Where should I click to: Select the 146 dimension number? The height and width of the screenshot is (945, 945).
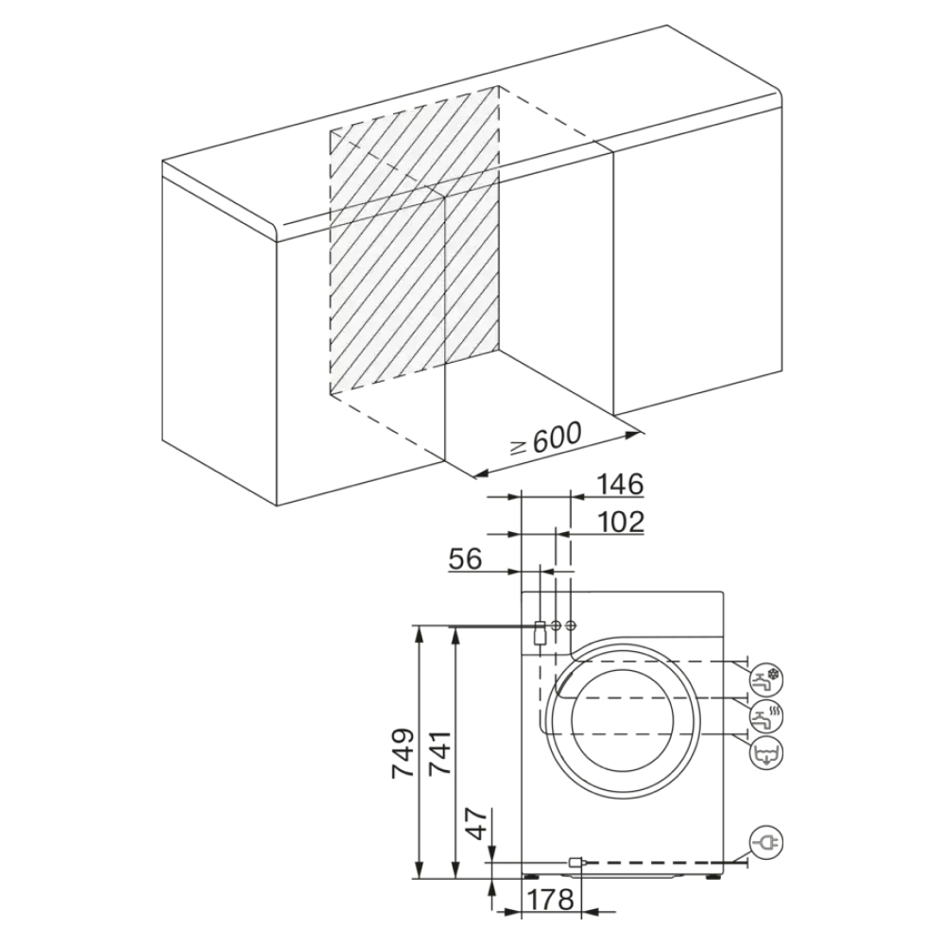coord(619,485)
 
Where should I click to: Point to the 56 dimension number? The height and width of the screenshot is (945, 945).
coord(465,558)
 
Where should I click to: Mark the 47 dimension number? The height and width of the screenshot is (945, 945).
coord(481,824)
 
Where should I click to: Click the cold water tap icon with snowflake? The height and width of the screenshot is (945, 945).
coord(768,678)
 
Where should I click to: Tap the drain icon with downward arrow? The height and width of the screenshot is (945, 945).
coord(768,753)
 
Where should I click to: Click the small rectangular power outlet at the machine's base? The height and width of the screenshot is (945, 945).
coord(576,862)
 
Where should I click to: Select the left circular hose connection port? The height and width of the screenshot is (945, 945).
coord(557,626)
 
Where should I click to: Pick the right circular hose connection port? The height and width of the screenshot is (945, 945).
coord(570,626)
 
